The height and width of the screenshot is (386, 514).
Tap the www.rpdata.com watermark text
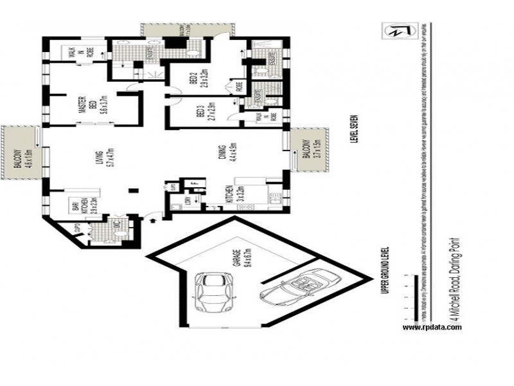432,327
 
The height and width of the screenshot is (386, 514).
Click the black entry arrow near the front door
153,221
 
